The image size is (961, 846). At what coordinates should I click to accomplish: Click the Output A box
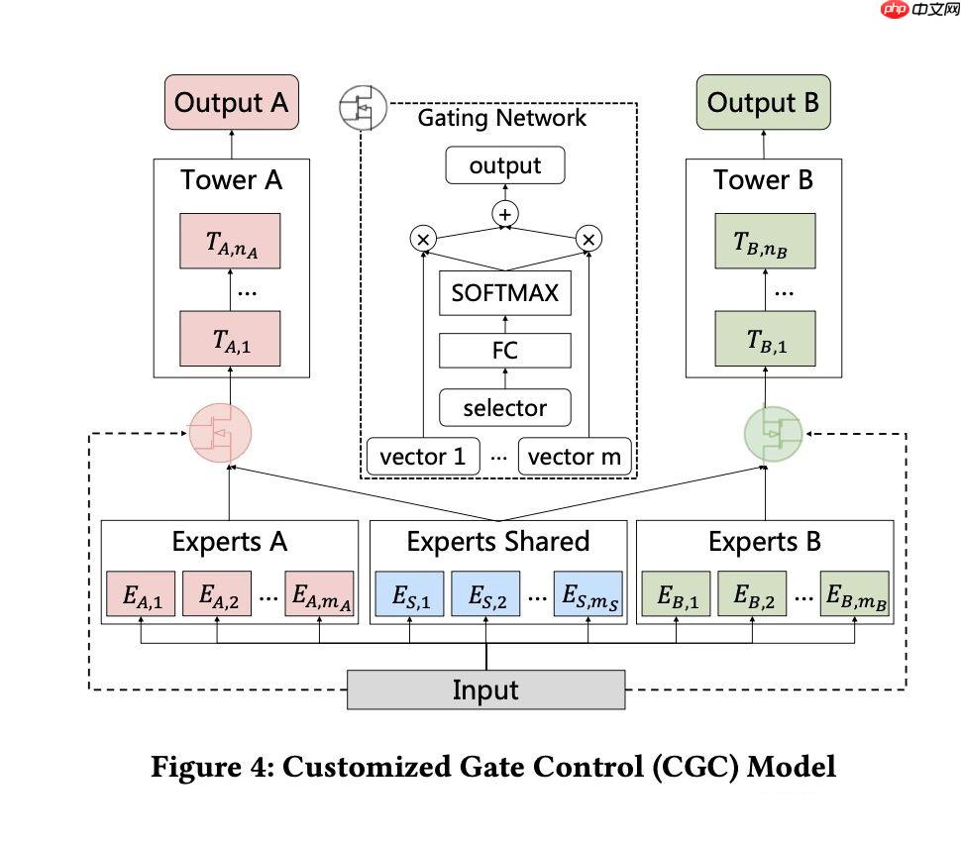tap(232, 103)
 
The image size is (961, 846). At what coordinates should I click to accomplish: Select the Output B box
tap(763, 103)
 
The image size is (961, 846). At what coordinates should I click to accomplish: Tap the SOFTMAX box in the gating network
tap(505, 293)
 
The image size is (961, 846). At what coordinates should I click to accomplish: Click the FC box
tap(505, 351)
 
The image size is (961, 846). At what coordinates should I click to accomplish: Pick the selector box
tap(505, 407)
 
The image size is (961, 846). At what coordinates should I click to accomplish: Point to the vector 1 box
tap(422, 457)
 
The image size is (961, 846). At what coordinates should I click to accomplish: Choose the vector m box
tap(575, 457)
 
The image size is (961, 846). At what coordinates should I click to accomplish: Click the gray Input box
tap(485, 689)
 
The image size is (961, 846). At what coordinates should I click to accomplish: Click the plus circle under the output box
tap(506, 213)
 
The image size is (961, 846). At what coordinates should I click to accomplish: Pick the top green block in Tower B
tap(765, 241)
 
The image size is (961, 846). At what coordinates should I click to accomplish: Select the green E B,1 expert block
tap(678, 596)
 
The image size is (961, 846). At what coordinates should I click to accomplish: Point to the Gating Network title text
tap(501, 118)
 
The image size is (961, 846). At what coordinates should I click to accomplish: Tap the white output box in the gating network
tap(505, 165)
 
